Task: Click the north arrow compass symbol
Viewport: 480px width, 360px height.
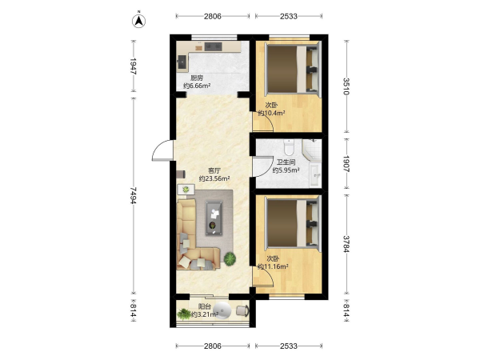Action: [138, 21]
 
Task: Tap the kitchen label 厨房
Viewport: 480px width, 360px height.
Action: [197, 78]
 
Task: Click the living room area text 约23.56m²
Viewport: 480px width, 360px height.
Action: [214, 178]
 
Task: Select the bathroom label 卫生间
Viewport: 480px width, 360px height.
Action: [286, 162]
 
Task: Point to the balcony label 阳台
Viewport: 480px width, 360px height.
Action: [205, 306]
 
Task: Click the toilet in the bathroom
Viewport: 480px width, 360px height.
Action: [289, 147]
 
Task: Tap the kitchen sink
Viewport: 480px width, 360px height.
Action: [182, 63]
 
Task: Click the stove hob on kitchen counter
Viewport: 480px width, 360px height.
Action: [213, 46]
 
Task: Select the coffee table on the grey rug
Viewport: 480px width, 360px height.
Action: [214, 218]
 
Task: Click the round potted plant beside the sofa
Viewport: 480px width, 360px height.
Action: [230, 259]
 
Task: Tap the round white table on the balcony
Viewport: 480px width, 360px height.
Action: [222, 310]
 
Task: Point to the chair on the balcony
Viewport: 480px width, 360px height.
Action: [242, 310]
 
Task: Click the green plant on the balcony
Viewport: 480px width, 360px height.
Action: [184, 314]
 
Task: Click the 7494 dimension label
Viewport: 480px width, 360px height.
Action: [133, 196]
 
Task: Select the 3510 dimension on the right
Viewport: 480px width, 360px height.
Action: [346, 86]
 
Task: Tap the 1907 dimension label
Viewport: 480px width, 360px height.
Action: [346, 164]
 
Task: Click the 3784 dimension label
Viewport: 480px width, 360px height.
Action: [346, 244]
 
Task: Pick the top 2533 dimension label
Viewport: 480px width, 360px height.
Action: [289, 16]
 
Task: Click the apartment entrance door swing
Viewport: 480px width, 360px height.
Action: [162, 150]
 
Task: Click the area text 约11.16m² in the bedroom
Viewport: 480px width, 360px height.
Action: [273, 266]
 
